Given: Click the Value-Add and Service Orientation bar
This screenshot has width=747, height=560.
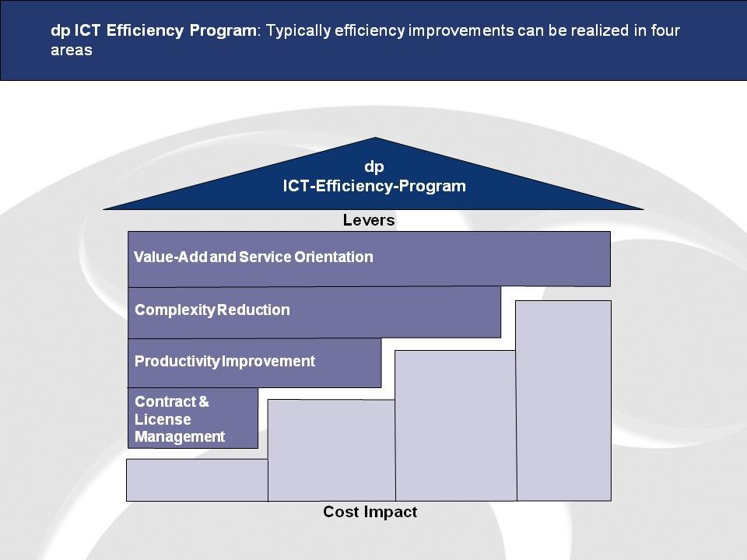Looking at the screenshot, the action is tap(369, 259).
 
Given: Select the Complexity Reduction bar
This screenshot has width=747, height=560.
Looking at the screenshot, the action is tap(314, 313).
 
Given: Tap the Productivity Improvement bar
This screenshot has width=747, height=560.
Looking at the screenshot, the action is tap(254, 363).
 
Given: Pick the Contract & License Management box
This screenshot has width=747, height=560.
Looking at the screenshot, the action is tap(193, 418).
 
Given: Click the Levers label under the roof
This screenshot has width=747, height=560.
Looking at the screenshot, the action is tap(369, 220).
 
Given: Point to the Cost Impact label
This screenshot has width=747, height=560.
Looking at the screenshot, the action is tap(370, 512).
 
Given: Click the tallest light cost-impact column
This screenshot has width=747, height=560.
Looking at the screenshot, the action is tap(563, 401).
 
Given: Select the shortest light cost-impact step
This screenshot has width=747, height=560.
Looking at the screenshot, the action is tap(197, 480).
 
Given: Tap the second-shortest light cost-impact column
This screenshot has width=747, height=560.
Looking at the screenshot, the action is tap(331, 450).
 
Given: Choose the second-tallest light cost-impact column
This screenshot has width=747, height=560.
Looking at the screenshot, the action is tap(456, 425).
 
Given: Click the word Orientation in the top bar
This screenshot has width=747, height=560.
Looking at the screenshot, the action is tap(334, 257).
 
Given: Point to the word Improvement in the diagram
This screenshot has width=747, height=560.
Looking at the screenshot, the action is tap(268, 362).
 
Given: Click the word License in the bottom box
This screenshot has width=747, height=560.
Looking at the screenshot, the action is tap(163, 419).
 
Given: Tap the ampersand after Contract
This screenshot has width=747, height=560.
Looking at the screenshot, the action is tap(204, 402).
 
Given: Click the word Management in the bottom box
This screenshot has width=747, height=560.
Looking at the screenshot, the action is tap(180, 436).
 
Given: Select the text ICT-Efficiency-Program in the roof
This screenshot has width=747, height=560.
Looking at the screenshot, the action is tap(374, 186).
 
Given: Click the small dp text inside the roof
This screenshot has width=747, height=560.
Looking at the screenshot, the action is tap(374, 167).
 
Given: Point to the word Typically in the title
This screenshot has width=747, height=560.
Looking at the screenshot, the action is tap(298, 31).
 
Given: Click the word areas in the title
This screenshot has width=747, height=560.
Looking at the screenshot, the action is tap(72, 50).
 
